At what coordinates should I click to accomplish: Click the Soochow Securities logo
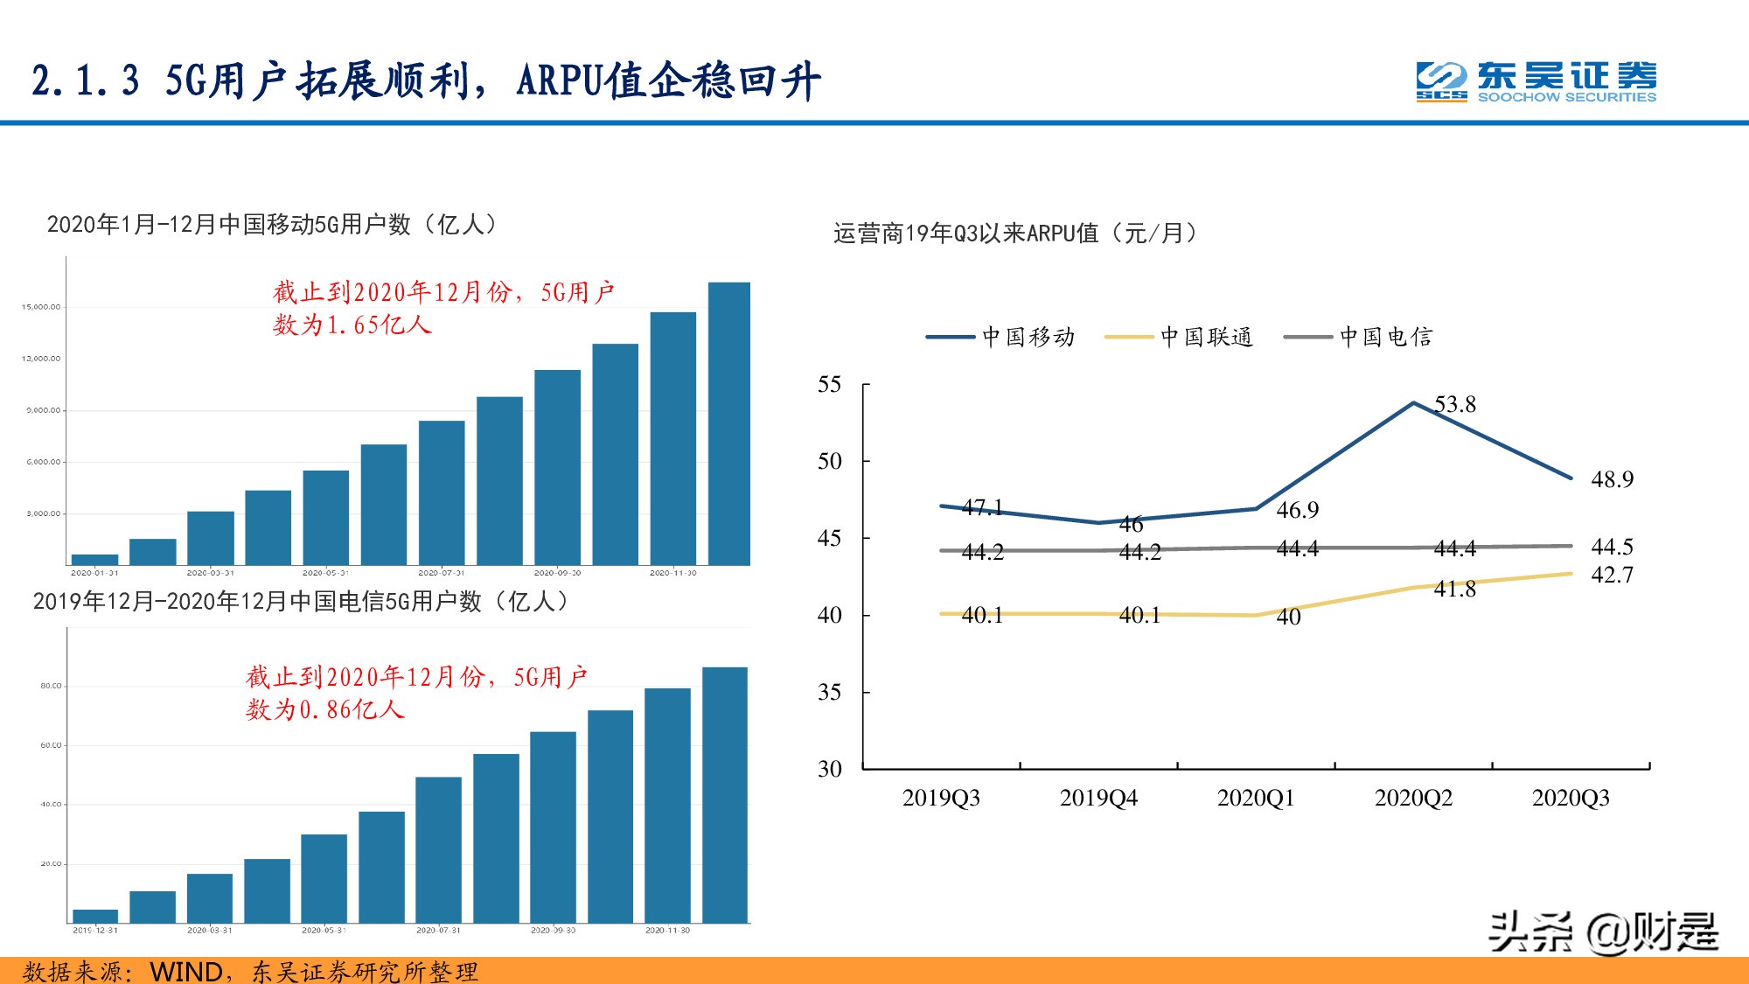click(1536, 81)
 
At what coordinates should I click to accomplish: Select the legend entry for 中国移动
click(1001, 337)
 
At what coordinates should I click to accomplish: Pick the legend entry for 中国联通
click(1180, 337)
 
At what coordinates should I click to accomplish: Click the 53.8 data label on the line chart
click(1455, 404)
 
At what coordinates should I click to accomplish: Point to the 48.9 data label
click(1612, 479)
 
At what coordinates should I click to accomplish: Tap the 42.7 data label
click(1612, 575)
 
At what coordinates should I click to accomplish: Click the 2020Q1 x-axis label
click(1256, 798)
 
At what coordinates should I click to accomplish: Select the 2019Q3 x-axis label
click(941, 798)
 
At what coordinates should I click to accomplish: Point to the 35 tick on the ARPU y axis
click(829, 693)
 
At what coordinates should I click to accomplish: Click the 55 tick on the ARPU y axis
click(829, 385)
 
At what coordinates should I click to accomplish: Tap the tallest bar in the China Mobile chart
click(728, 423)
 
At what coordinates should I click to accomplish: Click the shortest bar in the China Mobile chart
click(94, 560)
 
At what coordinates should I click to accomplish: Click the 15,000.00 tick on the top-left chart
click(41, 307)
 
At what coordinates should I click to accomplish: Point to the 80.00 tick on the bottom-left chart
click(51, 686)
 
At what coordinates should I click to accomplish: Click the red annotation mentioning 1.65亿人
click(442, 308)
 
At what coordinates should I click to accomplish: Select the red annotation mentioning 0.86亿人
click(416, 693)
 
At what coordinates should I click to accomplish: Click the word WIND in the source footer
click(185, 972)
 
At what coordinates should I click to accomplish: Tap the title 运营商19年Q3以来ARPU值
click(1014, 234)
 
